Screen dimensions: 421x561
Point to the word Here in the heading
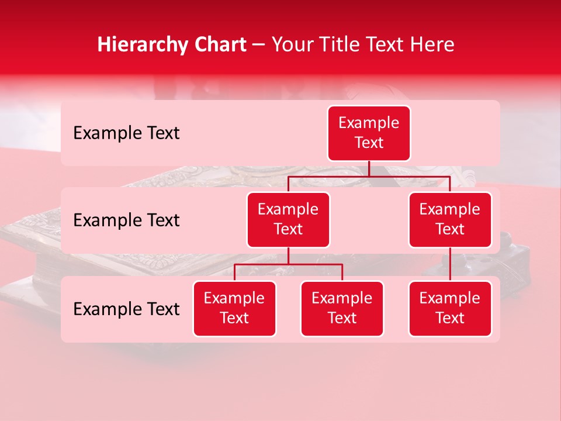432,45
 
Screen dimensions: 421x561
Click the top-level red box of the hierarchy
369,133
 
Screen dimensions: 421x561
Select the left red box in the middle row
288,219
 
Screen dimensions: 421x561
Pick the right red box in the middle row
450,219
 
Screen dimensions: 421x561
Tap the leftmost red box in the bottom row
234,308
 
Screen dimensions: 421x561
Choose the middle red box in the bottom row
342,308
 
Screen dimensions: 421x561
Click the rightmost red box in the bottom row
450,308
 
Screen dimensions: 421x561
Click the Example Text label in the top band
126,133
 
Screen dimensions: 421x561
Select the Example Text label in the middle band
126,220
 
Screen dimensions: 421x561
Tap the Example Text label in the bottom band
126,309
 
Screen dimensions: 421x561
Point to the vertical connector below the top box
369,168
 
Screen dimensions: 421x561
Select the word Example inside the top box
369,123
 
